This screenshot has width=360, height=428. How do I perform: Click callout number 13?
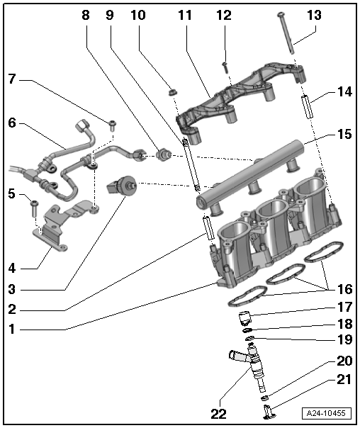(x=313, y=15)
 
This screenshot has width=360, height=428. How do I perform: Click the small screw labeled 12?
(x=225, y=66)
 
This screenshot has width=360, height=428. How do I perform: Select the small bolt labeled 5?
(x=33, y=207)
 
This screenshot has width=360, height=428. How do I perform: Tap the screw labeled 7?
(x=112, y=125)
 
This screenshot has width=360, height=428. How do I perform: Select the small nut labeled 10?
(x=170, y=91)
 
